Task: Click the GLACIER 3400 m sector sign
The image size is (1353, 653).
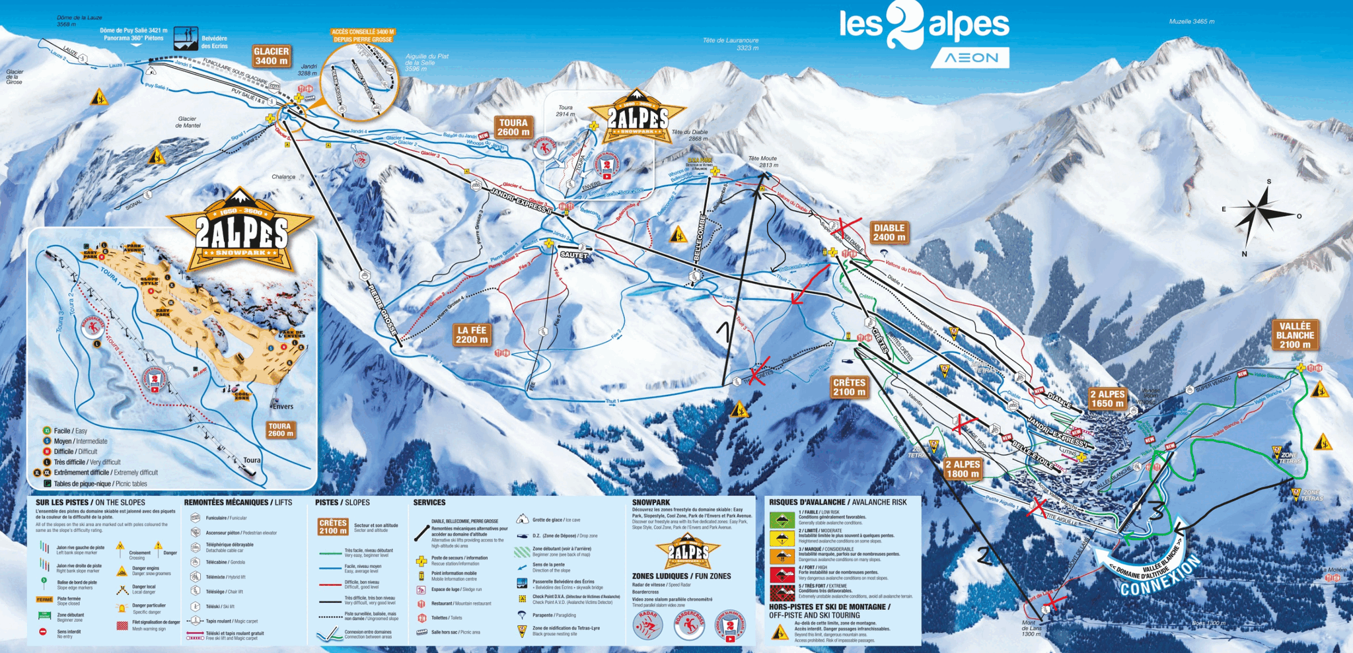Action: point(271,56)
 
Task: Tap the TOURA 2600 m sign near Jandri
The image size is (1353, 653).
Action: point(513,127)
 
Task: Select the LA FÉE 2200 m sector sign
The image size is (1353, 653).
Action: point(472,335)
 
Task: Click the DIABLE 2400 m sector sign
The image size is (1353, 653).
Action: point(889,232)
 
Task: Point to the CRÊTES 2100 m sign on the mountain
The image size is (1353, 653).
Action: point(849,387)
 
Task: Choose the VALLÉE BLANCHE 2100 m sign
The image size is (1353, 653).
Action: point(1295,335)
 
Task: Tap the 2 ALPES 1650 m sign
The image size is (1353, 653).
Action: point(1107,399)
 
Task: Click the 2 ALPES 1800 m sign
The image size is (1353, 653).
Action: point(963,469)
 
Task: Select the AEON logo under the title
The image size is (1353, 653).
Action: point(970,58)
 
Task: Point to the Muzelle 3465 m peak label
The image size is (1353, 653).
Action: point(1191,22)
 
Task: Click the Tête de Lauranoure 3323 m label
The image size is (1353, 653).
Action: point(730,44)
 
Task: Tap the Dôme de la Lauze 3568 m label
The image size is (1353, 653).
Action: point(79,21)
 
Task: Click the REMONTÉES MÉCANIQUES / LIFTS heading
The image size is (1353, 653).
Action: point(238,502)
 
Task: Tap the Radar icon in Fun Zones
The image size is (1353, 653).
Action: point(648,625)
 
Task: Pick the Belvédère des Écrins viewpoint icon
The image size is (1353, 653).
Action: point(186,38)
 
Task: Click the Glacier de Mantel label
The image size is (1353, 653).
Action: point(188,122)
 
